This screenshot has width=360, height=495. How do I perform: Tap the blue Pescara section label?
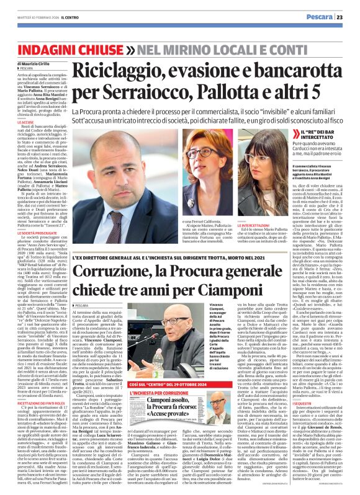(324, 17)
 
